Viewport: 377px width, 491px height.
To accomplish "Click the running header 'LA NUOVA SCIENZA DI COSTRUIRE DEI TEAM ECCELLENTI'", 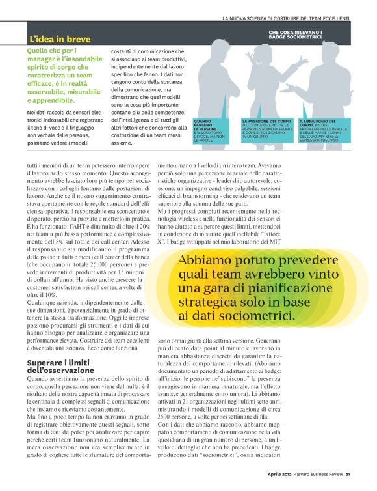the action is click(x=285, y=18).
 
